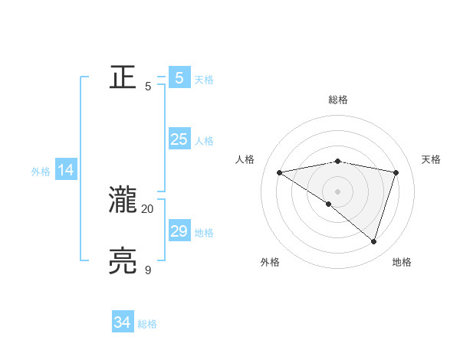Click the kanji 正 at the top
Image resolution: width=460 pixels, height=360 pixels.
pyautogui.click(x=123, y=77)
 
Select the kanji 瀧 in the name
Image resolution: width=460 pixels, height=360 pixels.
pyautogui.click(x=123, y=201)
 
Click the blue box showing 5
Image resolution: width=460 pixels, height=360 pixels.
pyautogui.click(x=179, y=78)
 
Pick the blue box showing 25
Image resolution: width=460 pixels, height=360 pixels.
pyautogui.click(x=179, y=139)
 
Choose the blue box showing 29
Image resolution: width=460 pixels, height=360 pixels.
pyautogui.click(x=179, y=231)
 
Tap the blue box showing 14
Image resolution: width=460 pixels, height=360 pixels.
pyautogui.click(x=66, y=171)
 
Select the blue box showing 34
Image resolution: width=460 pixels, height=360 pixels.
pyautogui.click(x=123, y=322)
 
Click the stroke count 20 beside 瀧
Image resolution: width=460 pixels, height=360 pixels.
pyautogui.click(x=148, y=208)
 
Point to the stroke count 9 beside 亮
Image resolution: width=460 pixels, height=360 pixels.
pyautogui.click(x=148, y=270)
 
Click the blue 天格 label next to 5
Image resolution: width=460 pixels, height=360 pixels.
pyautogui.click(x=204, y=80)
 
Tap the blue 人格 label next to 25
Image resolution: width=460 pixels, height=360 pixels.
pyautogui.click(x=204, y=141)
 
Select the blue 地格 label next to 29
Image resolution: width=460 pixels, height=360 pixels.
pyautogui.click(x=204, y=233)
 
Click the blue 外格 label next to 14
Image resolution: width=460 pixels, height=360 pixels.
pyautogui.click(x=41, y=172)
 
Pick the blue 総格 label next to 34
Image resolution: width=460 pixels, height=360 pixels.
pyautogui.click(x=147, y=324)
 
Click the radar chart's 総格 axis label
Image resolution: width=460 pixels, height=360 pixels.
pyautogui.click(x=338, y=100)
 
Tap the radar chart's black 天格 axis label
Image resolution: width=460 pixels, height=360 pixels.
pyautogui.click(x=432, y=159)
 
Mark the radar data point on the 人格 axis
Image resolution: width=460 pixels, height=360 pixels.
pyautogui.click(x=280, y=172)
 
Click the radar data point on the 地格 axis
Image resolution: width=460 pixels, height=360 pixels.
pyautogui.click(x=374, y=241)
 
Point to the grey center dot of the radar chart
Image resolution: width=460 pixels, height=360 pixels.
pyautogui.click(x=338, y=191)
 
